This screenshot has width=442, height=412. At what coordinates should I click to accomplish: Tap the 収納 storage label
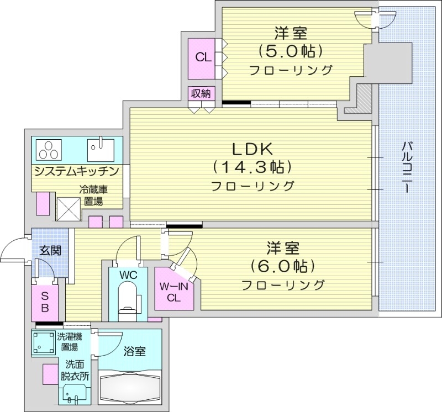pyautogui.click(x=201, y=93)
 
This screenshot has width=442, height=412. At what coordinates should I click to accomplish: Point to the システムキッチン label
pyautogui.click(x=76, y=171)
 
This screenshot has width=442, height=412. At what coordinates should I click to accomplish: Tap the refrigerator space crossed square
pyautogui.click(x=70, y=208)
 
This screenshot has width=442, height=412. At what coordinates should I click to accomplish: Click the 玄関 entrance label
pyautogui.click(x=50, y=250)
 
